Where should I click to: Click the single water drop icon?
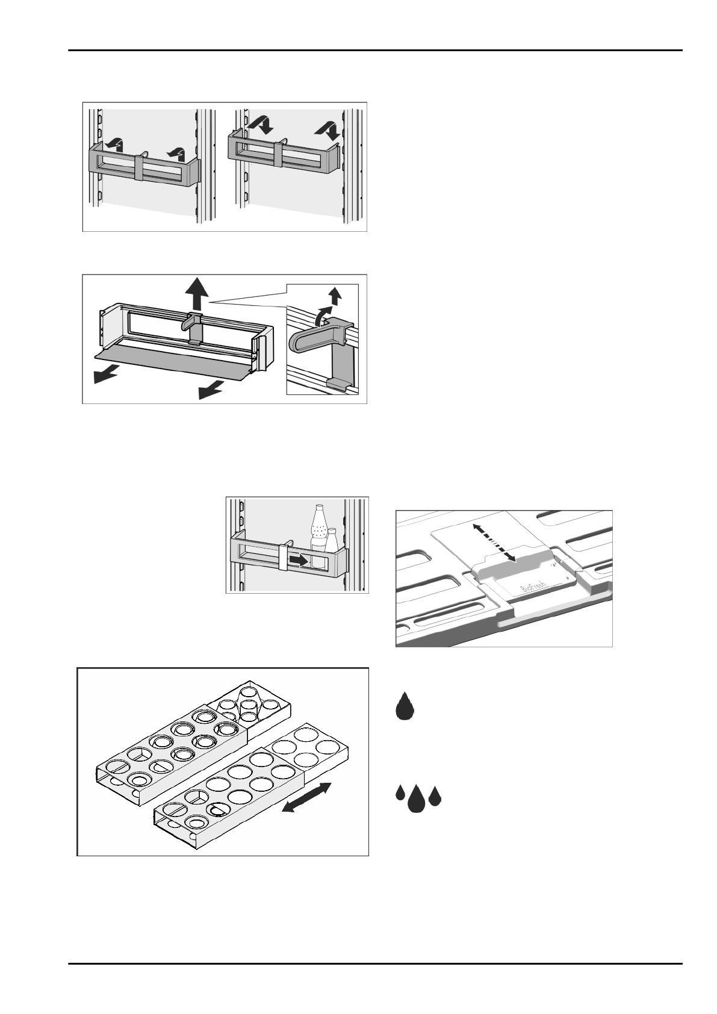coord(405,706)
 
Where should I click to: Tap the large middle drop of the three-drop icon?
coord(416,800)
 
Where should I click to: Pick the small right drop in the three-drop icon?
coord(435,797)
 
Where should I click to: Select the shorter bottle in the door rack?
coord(331,540)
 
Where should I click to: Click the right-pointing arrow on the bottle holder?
coord(297,560)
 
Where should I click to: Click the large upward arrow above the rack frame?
coord(196,295)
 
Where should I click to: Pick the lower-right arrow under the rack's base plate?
coord(210,391)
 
